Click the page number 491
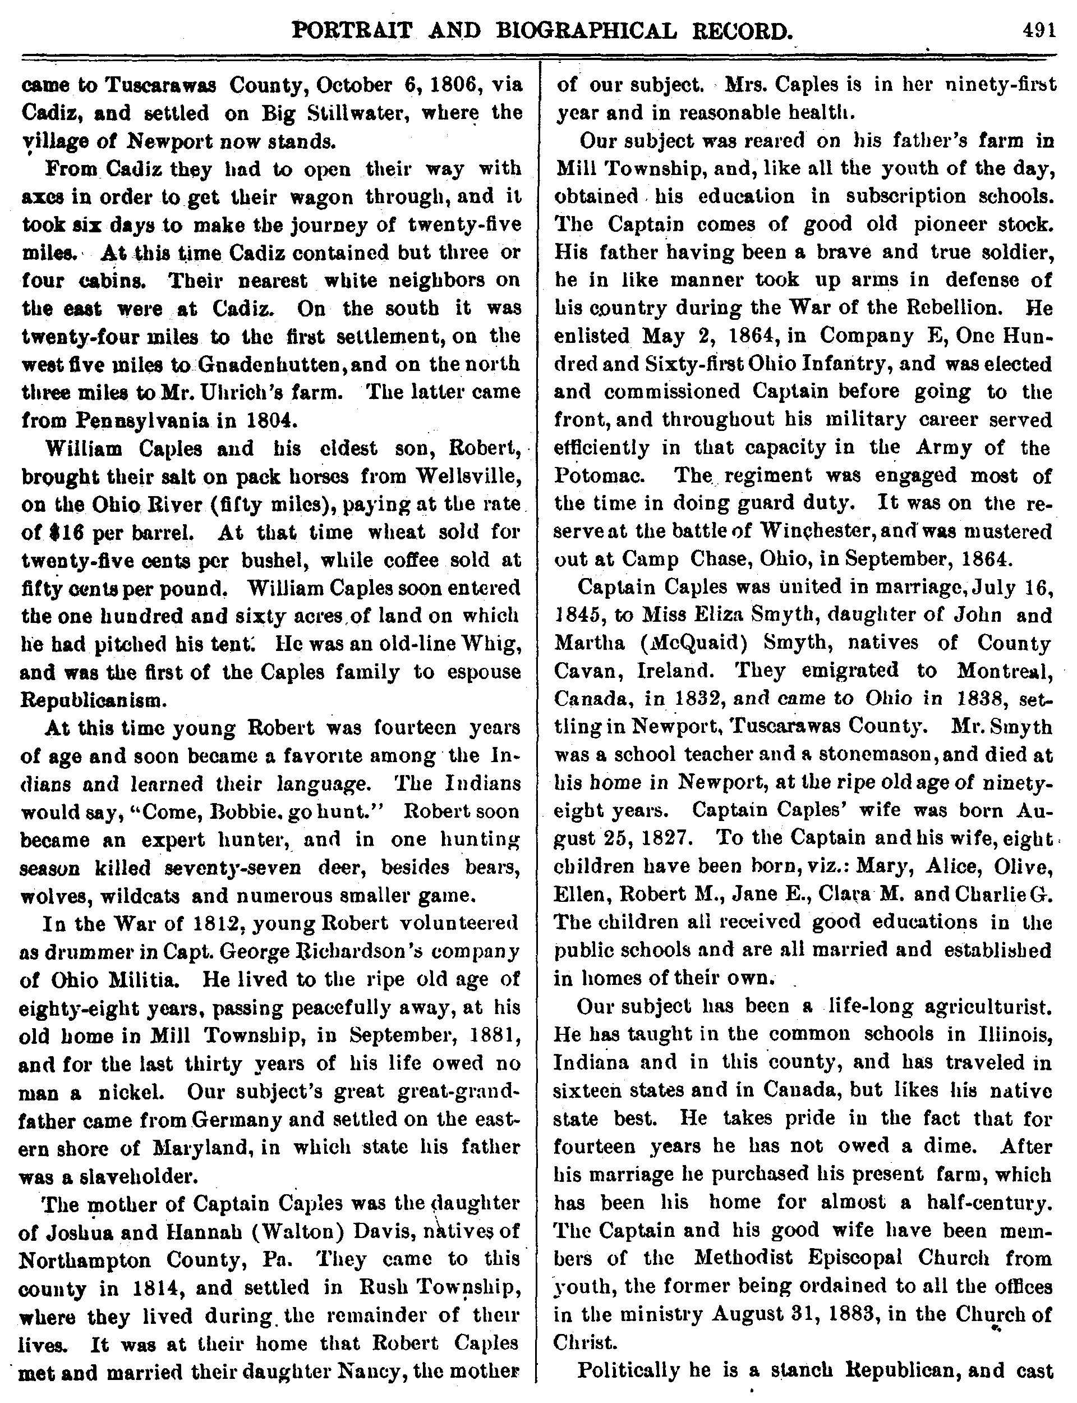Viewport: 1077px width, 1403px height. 1038,31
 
